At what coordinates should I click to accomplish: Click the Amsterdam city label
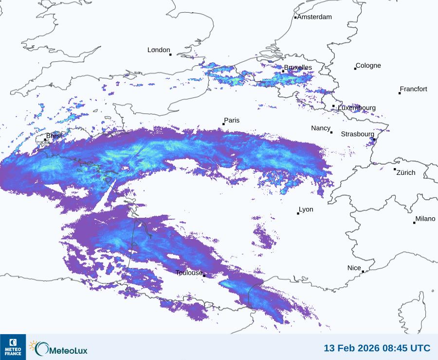pos(314,17)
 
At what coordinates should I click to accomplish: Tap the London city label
pos(159,50)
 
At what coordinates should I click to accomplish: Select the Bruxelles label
pos(298,68)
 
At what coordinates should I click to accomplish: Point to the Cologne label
pos(368,66)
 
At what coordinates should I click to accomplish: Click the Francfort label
pos(413,89)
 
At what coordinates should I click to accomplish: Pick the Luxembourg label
pos(357,108)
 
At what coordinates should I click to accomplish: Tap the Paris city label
pos(232,120)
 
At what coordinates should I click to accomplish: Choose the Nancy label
pos(321,128)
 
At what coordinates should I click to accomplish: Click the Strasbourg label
pos(358,134)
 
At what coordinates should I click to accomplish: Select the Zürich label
pos(406,172)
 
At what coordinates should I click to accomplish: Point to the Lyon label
pos(306,209)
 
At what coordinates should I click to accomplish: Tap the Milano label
pos(425,219)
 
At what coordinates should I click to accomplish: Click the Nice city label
pos(354,268)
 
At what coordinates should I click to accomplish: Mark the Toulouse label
pos(189,273)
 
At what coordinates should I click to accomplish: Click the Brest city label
pos(54,136)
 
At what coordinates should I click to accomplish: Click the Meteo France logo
pos(13,347)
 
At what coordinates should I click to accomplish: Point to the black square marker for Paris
pos(223,124)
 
